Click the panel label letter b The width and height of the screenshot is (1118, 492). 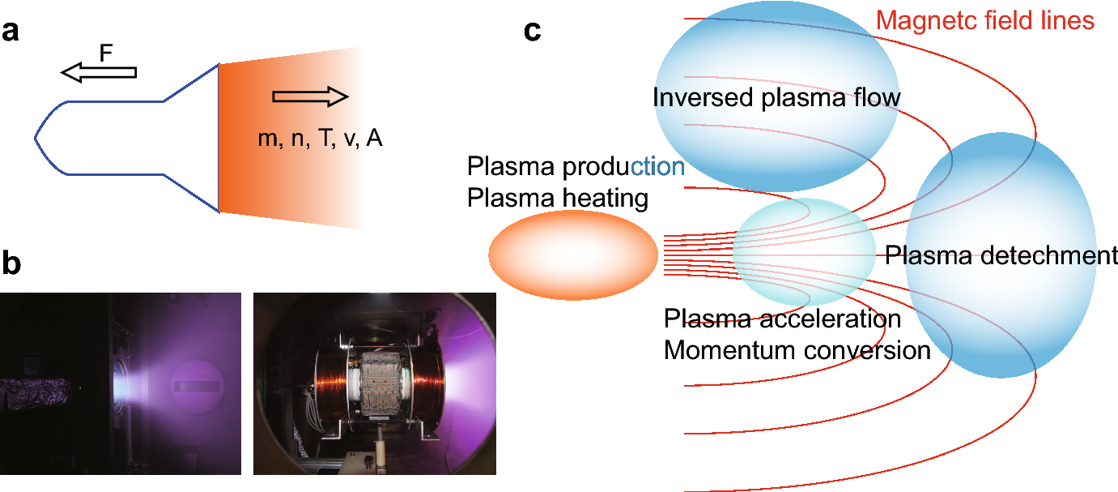pyautogui.click(x=12, y=265)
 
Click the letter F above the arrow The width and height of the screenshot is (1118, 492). pyautogui.click(x=105, y=53)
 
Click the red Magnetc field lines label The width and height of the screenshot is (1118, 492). pyautogui.click(x=985, y=20)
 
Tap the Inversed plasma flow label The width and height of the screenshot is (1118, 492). pyautogui.click(x=776, y=98)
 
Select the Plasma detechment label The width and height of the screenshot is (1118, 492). pyautogui.click(x=1001, y=256)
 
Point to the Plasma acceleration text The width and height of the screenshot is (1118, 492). pyautogui.click(x=782, y=319)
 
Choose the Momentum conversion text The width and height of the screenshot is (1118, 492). pyautogui.click(x=797, y=350)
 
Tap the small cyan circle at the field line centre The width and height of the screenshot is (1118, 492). pyautogui.click(x=804, y=250)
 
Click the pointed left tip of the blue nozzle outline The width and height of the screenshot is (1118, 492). pyautogui.click(x=36, y=138)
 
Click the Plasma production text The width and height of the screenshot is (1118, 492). pyautogui.click(x=576, y=167)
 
